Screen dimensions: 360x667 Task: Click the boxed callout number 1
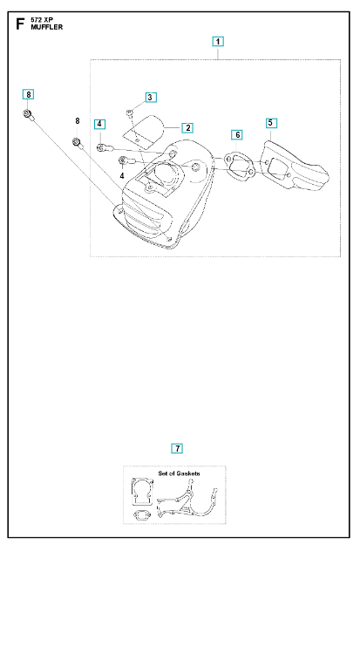pos(218,41)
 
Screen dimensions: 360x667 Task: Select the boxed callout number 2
pos(187,127)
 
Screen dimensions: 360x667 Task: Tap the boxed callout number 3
pos(150,98)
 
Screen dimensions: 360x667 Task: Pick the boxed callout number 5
pos(271,123)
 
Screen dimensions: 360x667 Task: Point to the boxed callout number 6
pos(237,135)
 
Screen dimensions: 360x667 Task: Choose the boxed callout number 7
pos(177,448)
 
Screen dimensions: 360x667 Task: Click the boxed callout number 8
pos(28,94)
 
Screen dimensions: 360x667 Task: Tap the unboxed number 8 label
pos(78,121)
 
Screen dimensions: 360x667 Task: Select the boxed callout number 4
pos(99,124)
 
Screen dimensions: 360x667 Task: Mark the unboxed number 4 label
pos(122,175)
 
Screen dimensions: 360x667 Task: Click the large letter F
pos(20,24)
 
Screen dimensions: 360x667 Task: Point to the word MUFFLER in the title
pos(47,27)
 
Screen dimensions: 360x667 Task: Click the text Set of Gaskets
pos(179,473)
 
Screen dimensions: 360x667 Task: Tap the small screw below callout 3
pos(130,112)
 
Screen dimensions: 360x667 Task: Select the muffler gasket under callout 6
pos(240,164)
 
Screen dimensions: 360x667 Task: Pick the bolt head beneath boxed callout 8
pos(27,113)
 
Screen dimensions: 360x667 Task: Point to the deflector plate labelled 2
pos(144,131)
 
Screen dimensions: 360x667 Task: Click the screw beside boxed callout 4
pos(105,148)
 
